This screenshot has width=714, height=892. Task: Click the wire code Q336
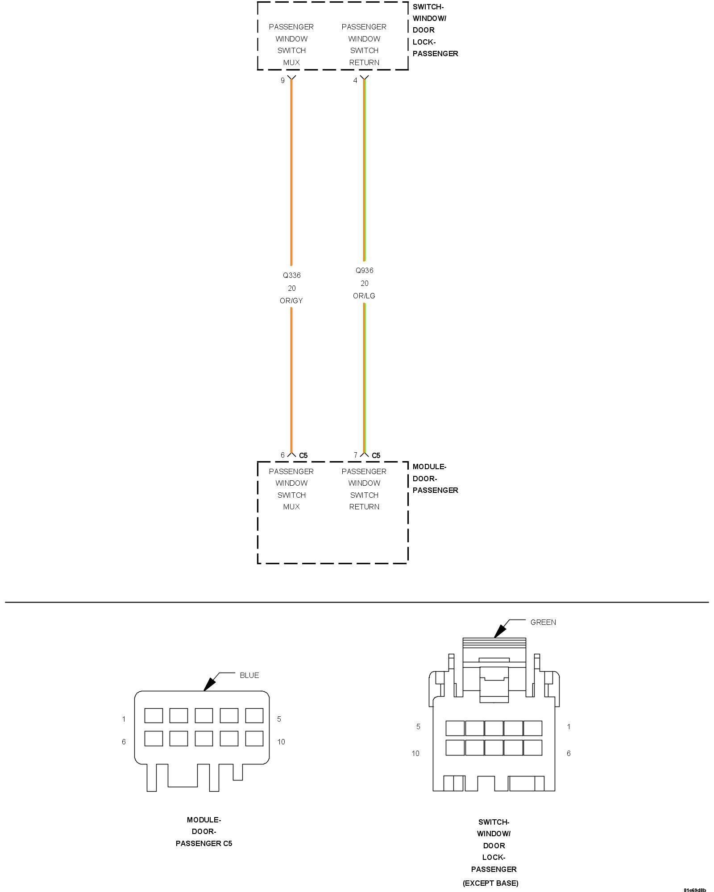(291, 275)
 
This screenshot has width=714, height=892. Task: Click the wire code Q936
(364, 270)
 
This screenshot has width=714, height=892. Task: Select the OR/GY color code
(291, 301)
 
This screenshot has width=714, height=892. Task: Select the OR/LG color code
(364, 296)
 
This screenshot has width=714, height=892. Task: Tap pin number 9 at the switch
(282, 81)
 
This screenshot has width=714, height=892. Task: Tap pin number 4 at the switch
(355, 81)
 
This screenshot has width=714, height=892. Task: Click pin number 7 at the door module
(355, 455)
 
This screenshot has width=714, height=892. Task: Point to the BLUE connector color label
(249, 675)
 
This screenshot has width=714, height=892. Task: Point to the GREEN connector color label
(543, 622)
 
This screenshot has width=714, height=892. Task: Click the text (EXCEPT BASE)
(490, 883)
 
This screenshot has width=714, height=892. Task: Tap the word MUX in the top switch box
(291, 62)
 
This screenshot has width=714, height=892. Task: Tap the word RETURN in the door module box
(364, 507)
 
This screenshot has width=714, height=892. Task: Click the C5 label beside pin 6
(303, 455)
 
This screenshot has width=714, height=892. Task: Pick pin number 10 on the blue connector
(281, 742)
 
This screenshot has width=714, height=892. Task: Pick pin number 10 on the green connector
(415, 753)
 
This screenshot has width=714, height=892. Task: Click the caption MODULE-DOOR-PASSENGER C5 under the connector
(204, 831)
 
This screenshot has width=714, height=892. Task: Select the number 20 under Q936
(364, 283)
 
